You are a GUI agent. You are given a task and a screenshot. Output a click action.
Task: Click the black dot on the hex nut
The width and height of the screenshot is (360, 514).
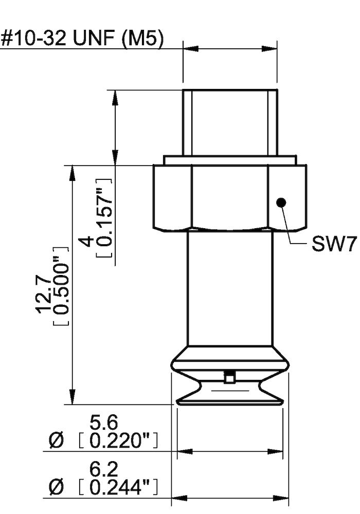[x=280, y=202]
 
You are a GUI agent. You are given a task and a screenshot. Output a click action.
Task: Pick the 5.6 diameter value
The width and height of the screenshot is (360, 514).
[x=104, y=423]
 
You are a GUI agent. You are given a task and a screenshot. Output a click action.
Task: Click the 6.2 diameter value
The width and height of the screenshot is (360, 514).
[x=104, y=468]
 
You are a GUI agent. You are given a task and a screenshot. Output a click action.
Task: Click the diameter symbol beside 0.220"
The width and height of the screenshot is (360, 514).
[x=57, y=440]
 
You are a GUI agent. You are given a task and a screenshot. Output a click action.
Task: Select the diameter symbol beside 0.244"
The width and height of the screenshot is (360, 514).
[x=57, y=486]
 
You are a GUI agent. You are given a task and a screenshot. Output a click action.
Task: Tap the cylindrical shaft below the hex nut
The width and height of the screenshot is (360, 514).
[x=229, y=288]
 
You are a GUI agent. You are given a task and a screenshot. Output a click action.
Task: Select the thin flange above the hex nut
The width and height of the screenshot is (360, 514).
[x=230, y=159]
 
